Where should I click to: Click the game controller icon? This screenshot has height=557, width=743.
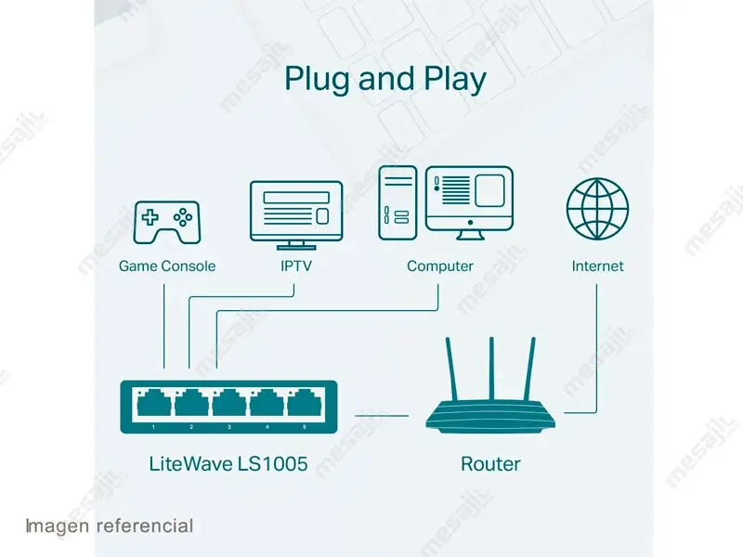(x=167, y=221)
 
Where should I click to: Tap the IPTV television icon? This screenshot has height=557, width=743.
(x=295, y=213)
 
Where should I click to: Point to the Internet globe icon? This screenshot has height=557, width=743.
(x=597, y=209)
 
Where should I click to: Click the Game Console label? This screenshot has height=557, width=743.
(x=167, y=266)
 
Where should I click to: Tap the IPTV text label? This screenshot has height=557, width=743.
(x=295, y=266)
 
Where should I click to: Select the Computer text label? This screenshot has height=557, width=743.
(x=440, y=266)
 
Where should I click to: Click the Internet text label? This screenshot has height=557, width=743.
(x=597, y=266)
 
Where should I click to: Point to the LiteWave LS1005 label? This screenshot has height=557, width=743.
(x=228, y=463)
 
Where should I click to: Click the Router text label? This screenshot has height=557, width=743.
(x=490, y=463)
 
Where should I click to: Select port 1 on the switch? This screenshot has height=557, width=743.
(x=153, y=405)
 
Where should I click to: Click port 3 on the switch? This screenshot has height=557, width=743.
(x=228, y=405)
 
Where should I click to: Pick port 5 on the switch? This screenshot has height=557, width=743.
(x=303, y=405)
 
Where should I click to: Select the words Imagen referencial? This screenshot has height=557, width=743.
(x=110, y=526)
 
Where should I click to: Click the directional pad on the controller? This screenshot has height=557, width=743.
(x=150, y=218)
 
